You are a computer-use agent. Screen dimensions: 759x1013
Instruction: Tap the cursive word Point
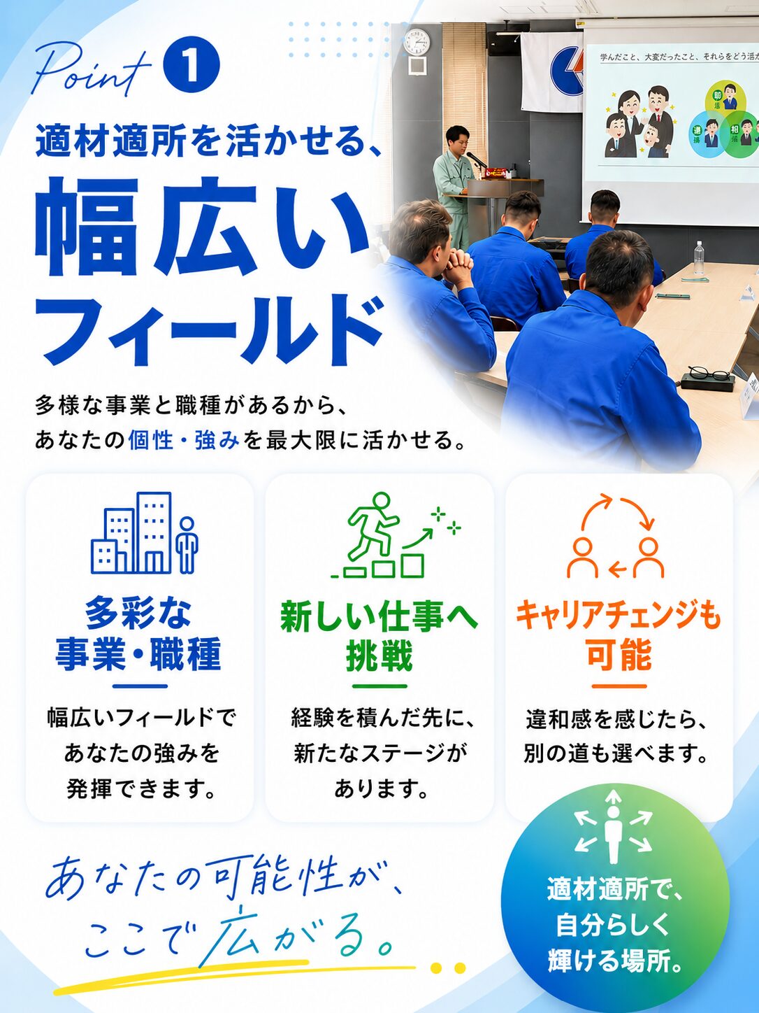click(x=92, y=69)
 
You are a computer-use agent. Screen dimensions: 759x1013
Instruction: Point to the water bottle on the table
click(x=699, y=260)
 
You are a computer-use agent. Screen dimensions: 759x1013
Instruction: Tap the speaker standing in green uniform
click(x=454, y=185)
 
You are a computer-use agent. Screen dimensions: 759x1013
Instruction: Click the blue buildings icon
click(x=144, y=532)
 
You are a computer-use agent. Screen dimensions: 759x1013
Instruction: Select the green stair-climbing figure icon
click(x=396, y=534)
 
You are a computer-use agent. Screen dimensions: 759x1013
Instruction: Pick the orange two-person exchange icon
click(x=616, y=535)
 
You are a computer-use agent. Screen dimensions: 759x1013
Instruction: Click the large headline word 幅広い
click(x=203, y=226)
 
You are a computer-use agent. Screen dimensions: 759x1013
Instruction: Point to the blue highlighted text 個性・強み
click(x=184, y=440)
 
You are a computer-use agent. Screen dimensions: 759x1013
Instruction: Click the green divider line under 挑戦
click(x=379, y=686)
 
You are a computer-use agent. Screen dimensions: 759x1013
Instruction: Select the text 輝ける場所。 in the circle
click(x=615, y=962)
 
